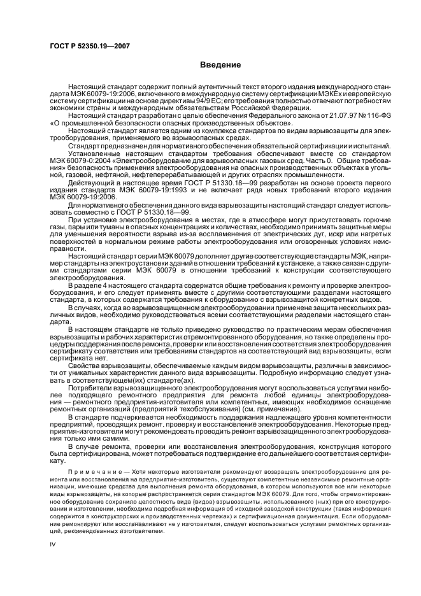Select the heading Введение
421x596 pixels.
pos(220,65)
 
